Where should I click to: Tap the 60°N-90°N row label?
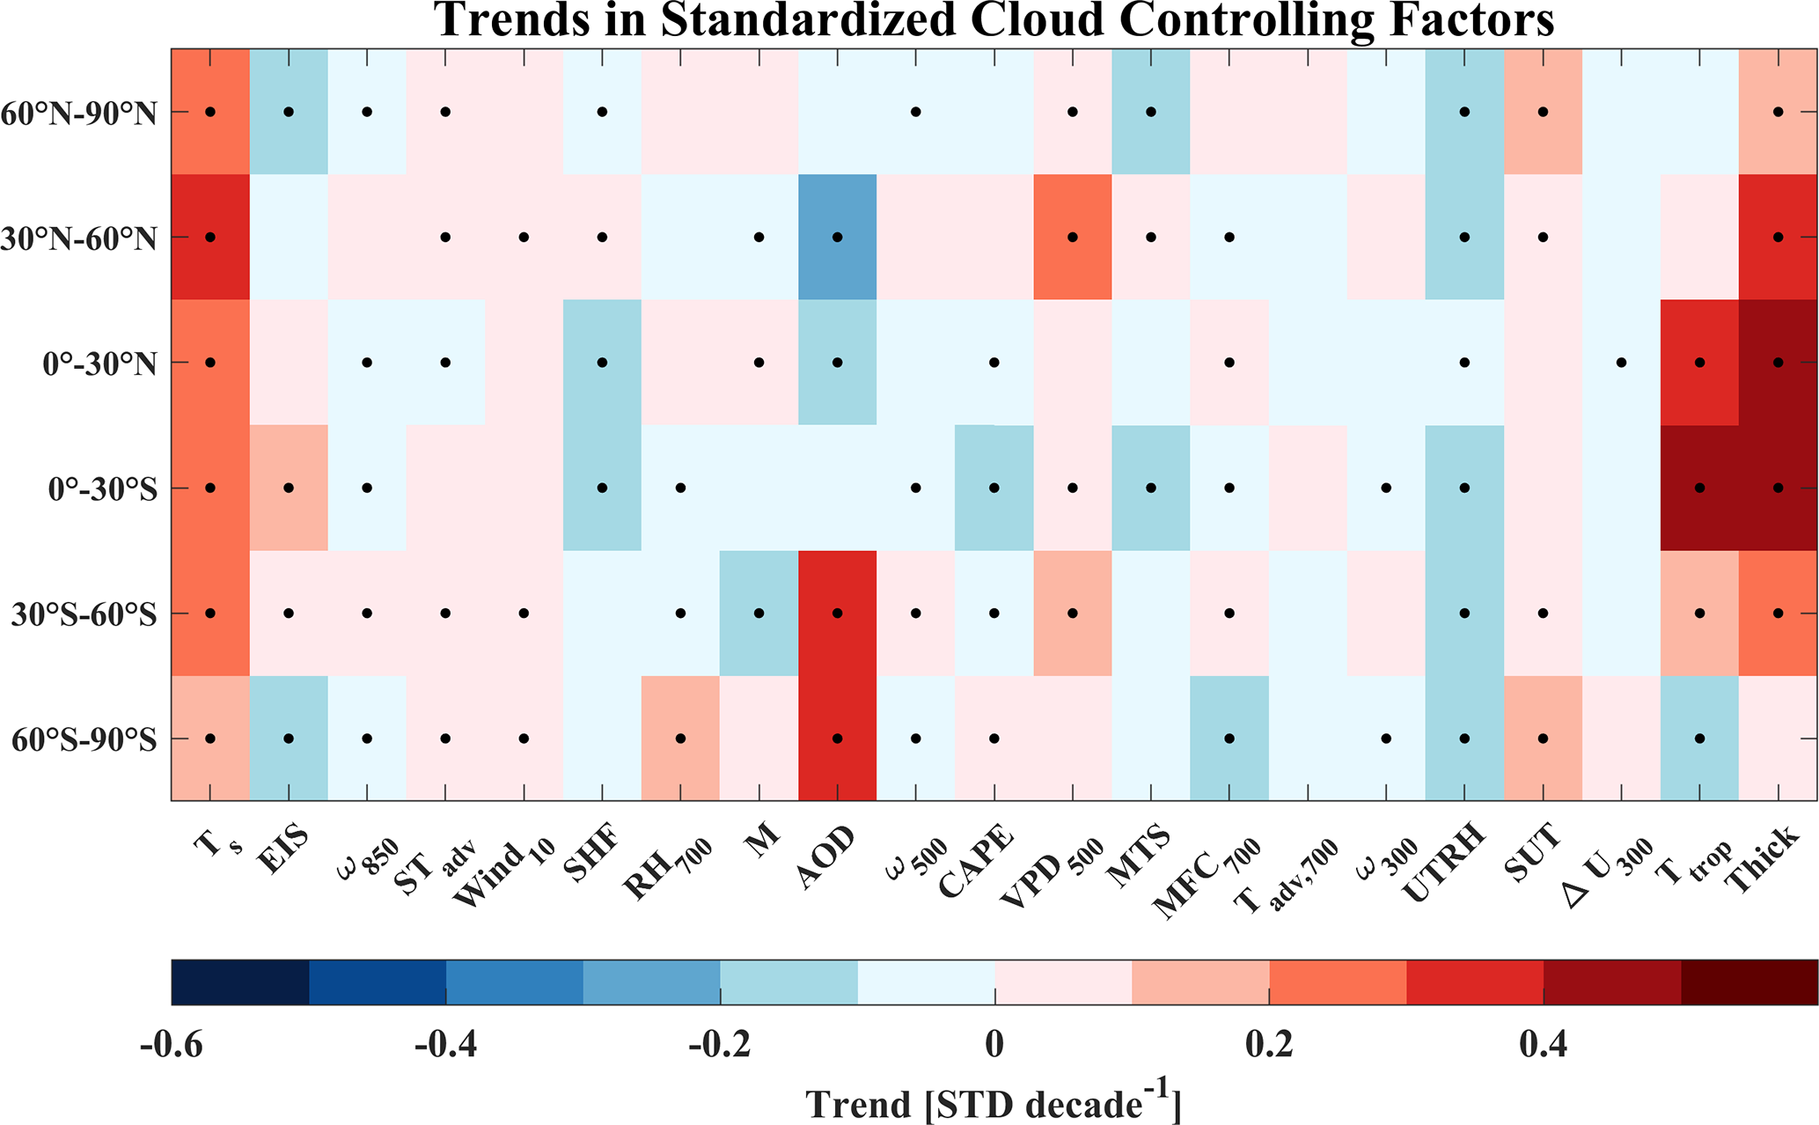79,113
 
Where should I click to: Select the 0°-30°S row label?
103,489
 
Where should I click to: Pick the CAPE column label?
977,863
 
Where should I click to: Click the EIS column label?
282,848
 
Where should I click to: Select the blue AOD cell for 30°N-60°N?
837,237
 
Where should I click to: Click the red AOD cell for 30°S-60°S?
837,614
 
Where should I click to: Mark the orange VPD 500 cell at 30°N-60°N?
1073,237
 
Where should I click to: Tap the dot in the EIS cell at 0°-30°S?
289,488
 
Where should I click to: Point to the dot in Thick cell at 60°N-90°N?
1778,112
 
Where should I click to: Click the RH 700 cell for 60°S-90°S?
680,739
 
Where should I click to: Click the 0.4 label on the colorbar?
1544,1045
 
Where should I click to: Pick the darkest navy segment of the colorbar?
240,982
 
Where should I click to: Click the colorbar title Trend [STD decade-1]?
994,1101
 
